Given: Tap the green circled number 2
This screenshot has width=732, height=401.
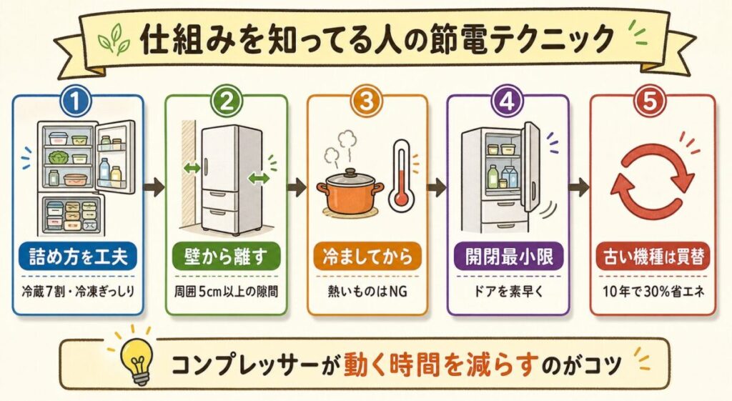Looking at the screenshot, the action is pyautogui.click(x=226, y=102).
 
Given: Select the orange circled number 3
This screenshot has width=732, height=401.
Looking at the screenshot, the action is pyautogui.click(x=367, y=102).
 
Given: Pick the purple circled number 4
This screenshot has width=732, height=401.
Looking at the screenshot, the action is pyautogui.click(x=508, y=102).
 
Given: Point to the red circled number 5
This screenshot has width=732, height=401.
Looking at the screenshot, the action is pyautogui.click(x=651, y=102).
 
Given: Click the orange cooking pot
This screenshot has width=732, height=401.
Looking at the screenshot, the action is pyautogui.click(x=350, y=192).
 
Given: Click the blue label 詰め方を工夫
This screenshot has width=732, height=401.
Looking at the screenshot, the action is pyautogui.click(x=78, y=257).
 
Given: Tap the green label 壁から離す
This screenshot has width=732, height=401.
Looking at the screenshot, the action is pyautogui.click(x=226, y=257).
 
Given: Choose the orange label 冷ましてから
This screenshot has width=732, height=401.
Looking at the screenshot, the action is pyautogui.click(x=367, y=257).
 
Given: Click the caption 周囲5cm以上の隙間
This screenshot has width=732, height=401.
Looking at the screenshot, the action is pyautogui.click(x=227, y=292).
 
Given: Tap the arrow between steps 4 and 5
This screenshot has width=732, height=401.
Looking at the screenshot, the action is pyautogui.click(x=579, y=188).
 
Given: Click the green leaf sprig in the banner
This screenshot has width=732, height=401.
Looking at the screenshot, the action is pyautogui.click(x=114, y=41).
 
